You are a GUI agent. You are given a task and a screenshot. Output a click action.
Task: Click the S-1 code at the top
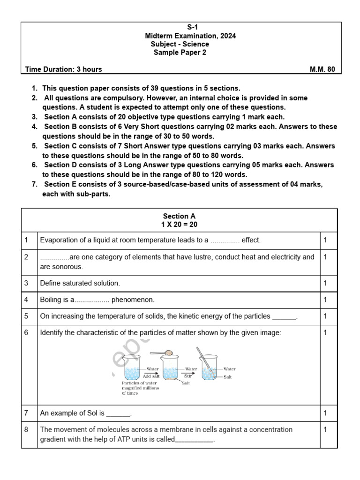[x=180, y=28]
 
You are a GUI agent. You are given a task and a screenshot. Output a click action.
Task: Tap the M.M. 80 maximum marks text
[x=322, y=69]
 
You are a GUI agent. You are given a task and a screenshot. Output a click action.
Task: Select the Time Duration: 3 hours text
[x=63, y=69]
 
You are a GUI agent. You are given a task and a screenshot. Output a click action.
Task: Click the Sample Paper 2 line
[x=180, y=52]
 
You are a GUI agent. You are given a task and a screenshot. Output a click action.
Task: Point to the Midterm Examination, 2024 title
[x=180, y=36]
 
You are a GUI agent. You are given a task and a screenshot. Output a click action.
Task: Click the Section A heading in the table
[x=179, y=216]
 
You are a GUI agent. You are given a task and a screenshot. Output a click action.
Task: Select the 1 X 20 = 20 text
[x=179, y=225]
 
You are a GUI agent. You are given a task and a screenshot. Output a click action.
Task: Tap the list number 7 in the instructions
[x=34, y=184]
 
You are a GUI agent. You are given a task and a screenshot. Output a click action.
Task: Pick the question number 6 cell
[x=27, y=332]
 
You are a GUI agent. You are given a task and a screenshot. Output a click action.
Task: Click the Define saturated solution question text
[x=80, y=283]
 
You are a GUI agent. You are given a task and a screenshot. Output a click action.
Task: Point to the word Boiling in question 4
[x=52, y=300]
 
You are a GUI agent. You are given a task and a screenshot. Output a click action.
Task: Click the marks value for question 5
[x=326, y=316]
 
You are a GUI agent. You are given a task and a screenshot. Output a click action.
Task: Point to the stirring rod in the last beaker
[x=209, y=363]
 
